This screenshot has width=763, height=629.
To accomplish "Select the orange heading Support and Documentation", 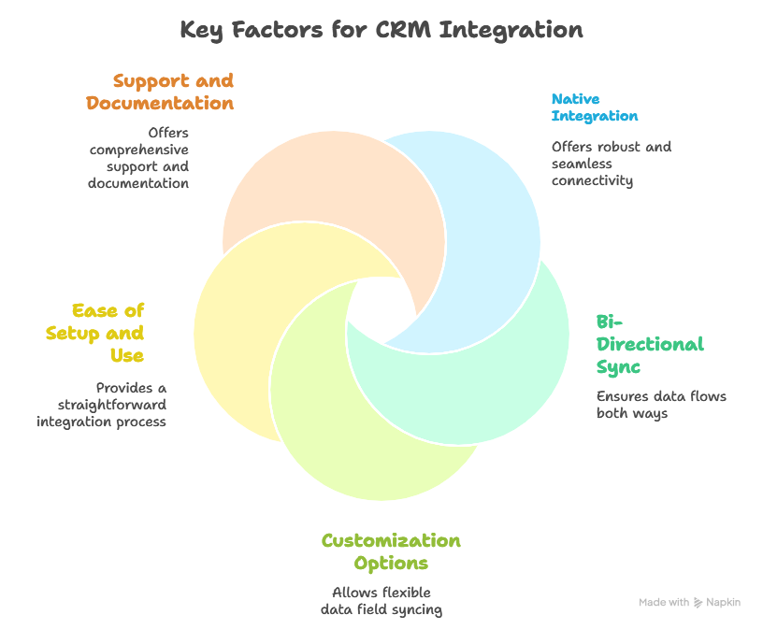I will [160, 92].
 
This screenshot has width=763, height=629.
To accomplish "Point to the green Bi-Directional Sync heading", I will [649, 344].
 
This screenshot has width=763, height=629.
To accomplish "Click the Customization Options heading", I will [391, 551].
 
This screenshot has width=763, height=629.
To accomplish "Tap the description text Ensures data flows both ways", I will [660, 405].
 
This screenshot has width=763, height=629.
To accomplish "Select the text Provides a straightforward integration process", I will [103, 405].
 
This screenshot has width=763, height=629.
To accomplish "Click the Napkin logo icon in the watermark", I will [698, 603].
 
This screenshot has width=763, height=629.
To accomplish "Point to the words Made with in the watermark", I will [664, 603].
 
